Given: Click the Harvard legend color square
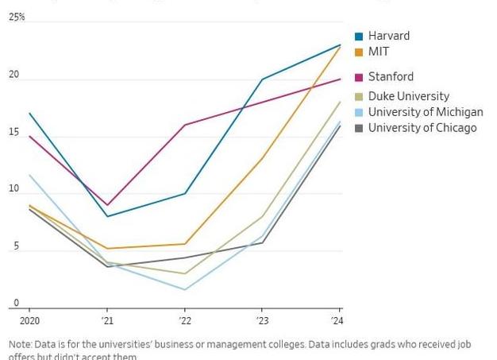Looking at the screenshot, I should coord(359,36).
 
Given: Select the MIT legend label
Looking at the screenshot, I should coord(379,52).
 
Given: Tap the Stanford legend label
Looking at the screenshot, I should coord(391,77).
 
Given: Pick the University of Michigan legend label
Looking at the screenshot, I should coord(426,112).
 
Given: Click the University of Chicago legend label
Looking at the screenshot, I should coord(422,127).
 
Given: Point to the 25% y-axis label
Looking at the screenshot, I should coord(17,17).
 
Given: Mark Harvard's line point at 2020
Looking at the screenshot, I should coord(29,113).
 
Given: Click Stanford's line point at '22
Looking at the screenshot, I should coord(185,125).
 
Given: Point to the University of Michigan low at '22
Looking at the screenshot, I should coord(185,289).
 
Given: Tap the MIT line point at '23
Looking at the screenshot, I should coord(262,158).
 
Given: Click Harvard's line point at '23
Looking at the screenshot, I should coord(262,79).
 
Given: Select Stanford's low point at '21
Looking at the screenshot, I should coord(107,205).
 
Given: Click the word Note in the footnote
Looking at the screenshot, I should coord(21,345).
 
